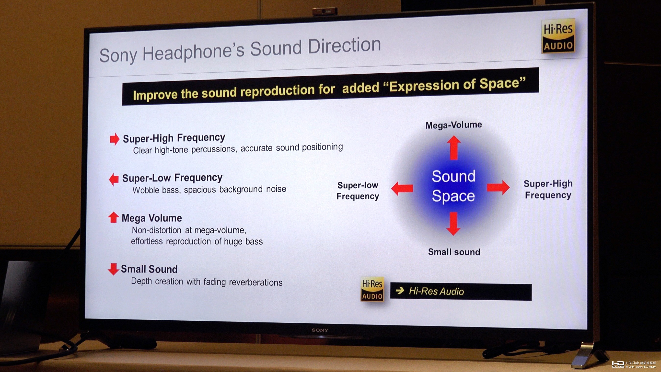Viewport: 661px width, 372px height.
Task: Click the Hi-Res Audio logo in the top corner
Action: (x=558, y=36)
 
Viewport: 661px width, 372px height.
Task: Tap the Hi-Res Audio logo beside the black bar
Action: (x=372, y=289)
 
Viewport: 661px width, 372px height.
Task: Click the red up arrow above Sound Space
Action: (x=454, y=148)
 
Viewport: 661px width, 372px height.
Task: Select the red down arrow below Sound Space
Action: (x=453, y=224)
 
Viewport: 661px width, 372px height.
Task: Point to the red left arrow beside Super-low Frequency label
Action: (x=402, y=188)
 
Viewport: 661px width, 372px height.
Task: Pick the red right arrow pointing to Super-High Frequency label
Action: (x=498, y=187)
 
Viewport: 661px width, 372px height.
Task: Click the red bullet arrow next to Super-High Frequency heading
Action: (x=115, y=139)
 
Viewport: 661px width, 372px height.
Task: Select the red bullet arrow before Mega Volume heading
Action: (x=113, y=217)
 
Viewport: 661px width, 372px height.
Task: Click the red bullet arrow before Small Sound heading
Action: (x=113, y=269)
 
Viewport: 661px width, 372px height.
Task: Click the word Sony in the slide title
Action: (x=118, y=55)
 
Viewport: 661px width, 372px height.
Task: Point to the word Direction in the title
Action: (x=344, y=46)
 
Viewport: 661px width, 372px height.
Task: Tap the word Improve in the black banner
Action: (x=155, y=95)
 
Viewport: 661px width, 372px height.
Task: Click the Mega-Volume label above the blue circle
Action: (x=454, y=125)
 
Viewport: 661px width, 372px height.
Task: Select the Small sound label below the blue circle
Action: (x=454, y=252)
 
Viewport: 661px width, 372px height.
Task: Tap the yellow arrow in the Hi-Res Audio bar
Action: (x=400, y=291)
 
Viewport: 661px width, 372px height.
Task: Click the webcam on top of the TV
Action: (x=325, y=11)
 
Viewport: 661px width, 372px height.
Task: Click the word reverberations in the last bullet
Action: (x=255, y=282)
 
